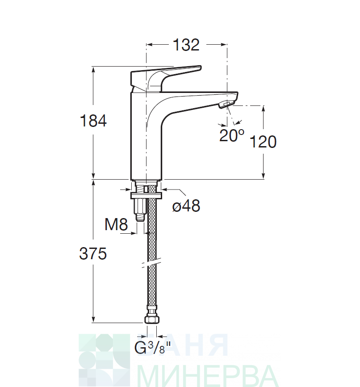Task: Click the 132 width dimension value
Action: (x=186, y=45)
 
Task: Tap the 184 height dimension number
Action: (x=93, y=121)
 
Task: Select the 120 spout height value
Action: (x=263, y=142)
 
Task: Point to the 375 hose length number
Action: (x=93, y=253)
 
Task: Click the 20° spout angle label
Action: (x=231, y=135)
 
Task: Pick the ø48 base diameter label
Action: (x=186, y=206)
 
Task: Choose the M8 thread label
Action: (x=116, y=225)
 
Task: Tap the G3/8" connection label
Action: (x=152, y=347)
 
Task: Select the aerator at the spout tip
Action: (x=226, y=105)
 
